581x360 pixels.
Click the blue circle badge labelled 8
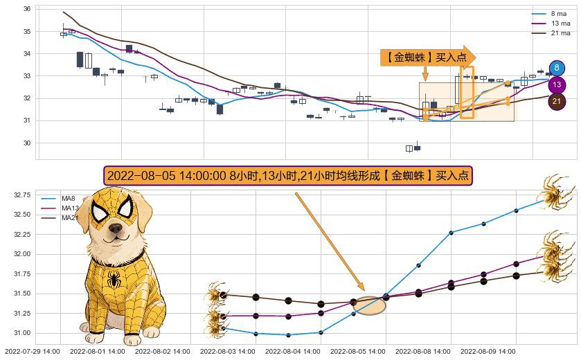pos(557,68)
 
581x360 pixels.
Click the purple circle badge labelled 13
pos(557,85)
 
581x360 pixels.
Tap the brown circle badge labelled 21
pos(557,102)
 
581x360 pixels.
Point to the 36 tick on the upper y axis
pos(27,9)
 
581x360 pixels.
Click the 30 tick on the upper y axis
pos(27,143)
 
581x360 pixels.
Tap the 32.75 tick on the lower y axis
pos(21,196)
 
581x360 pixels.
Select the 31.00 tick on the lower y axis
pos(21,333)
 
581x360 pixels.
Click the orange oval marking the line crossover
pos(369,305)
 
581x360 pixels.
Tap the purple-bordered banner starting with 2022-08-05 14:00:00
pos(287,175)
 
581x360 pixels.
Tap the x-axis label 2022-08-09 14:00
pos(488,351)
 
